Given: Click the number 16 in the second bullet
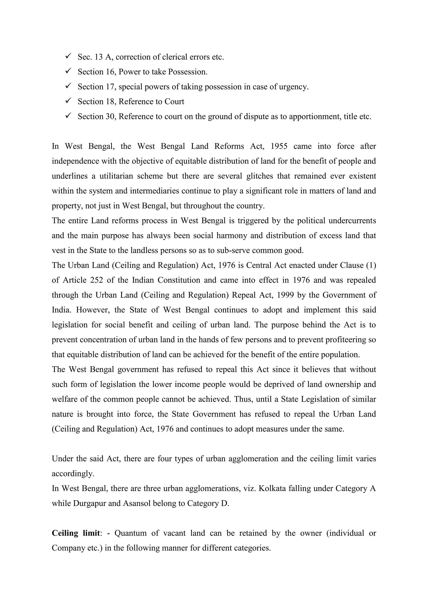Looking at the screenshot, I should click(x=111, y=72).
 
